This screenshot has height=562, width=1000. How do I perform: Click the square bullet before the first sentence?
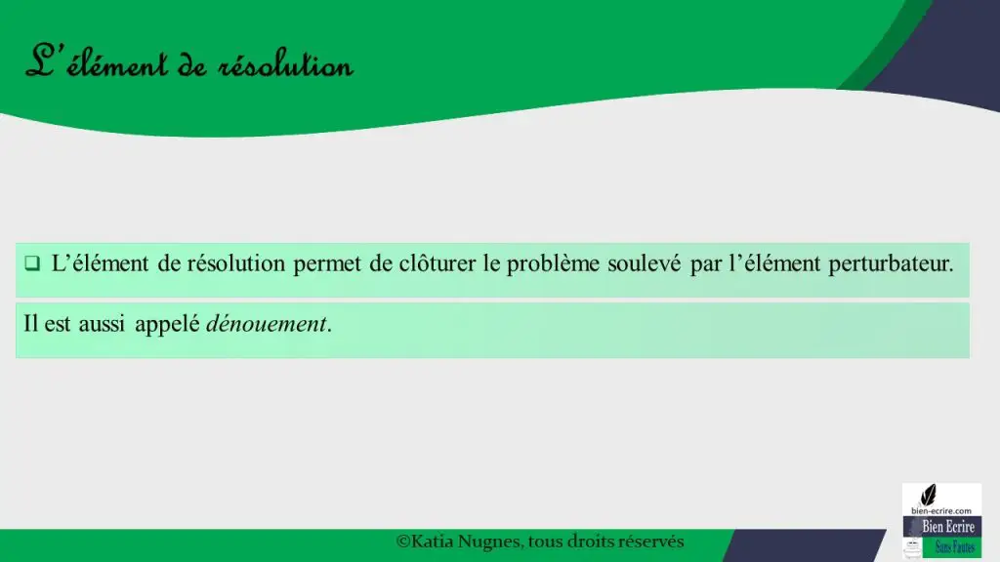[32, 263]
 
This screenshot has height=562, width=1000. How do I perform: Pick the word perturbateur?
[891, 263]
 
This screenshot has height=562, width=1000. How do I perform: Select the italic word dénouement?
[266, 324]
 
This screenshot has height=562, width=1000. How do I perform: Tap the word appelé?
[167, 324]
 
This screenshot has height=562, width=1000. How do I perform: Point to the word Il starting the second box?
[30, 324]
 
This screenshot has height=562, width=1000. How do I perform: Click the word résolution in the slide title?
[285, 65]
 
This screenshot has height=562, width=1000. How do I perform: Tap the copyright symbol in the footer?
[402, 542]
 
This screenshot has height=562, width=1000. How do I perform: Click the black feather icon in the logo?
[929, 495]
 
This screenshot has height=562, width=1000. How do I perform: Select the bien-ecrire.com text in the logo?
[941, 511]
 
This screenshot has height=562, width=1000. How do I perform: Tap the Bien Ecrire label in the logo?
[948, 527]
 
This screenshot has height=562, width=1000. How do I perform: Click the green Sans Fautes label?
[955, 547]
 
